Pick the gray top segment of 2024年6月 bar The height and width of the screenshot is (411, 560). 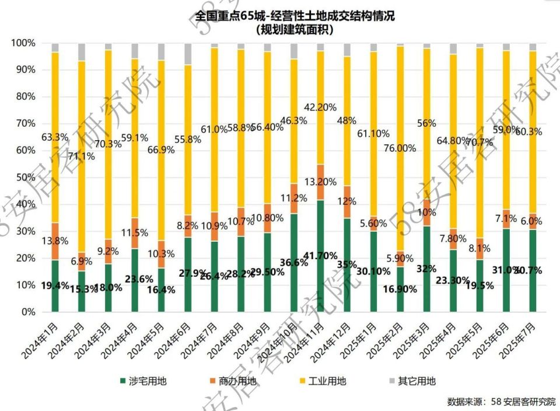click(x=188, y=54)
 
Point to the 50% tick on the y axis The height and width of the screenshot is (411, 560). click(x=24, y=177)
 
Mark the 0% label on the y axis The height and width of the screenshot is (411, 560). click(x=27, y=312)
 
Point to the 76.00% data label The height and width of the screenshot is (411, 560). click(x=400, y=148)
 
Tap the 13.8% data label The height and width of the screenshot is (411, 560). click(x=55, y=241)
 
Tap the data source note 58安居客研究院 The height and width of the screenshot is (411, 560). click(x=501, y=402)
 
